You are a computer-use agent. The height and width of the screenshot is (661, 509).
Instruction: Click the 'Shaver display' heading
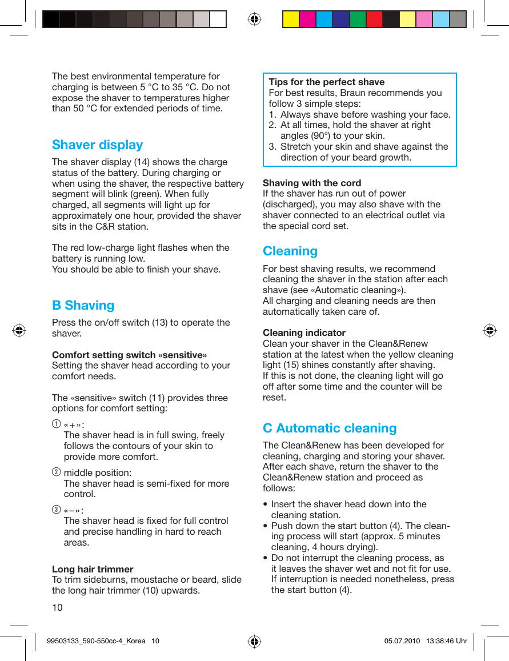pos(97,145)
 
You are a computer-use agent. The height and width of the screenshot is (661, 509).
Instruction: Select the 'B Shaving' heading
pos(83,306)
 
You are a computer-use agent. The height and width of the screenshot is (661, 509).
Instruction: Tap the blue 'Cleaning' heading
pos(290,251)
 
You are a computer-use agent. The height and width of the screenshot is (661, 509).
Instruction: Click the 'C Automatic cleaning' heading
pos(329,428)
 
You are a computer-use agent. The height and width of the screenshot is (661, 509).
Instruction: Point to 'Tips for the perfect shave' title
pos(326,82)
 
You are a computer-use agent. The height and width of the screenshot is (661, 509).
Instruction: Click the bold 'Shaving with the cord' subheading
pos(311,183)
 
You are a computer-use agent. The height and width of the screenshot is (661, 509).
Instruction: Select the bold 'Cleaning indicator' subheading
pos(304,333)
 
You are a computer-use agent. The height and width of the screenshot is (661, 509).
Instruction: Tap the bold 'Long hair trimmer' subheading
pos(93,570)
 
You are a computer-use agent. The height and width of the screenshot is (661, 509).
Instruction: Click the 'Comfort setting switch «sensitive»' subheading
pos(129,355)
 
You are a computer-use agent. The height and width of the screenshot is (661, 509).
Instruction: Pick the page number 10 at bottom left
pos(57,607)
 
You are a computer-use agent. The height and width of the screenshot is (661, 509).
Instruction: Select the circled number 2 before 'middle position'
pos(55,472)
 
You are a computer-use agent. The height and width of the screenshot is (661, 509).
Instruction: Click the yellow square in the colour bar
pos(291,19)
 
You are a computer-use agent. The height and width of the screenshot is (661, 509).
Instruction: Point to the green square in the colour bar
pos(358,19)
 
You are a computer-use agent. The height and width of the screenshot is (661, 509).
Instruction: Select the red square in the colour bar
pos(374,19)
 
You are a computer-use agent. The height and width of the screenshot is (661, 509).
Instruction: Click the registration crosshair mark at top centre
pos(254,19)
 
